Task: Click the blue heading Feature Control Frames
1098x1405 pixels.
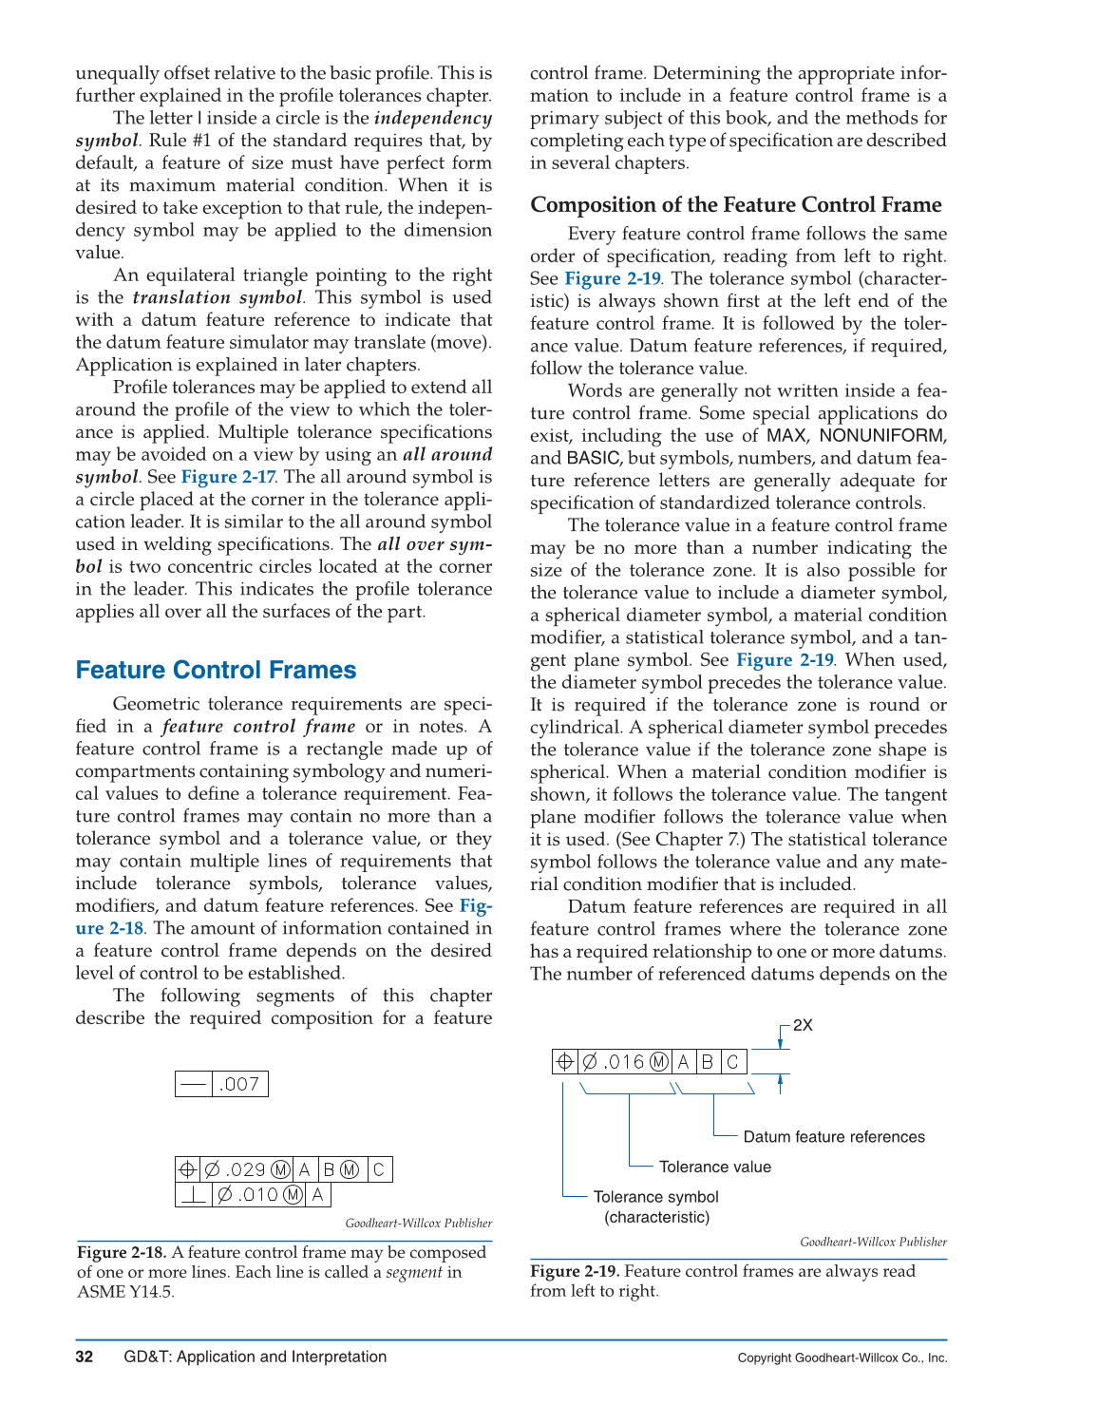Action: pyautogui.click(x=216, y=671)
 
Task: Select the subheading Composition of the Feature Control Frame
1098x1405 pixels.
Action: pyautogui.click(x=735, y=205)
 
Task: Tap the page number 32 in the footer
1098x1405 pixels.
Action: pyautogui.click(x=85, y=1357)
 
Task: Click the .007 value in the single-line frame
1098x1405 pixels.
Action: pyautogui.click(x=239, y=1084)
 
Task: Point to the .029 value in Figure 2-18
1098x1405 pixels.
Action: pyautogui.click(x=246, y=1169)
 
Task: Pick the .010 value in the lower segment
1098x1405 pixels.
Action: pyautogui.click(x=258, y=1195)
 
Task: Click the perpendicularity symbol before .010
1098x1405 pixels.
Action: pyautogui.click(x=194, y=1195)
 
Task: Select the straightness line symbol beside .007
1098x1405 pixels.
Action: pyautogui.click(x=194, y=1084)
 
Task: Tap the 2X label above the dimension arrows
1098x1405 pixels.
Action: pyautogui.click(x=803, y=1025)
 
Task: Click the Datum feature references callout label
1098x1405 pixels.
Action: pyautogui.click(x=833, y=1137)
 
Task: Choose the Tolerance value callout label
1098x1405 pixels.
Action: pyautogui.click(x=714, y=1168)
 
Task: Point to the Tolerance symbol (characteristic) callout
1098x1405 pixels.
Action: pyautogui.click(x=655, y=1206)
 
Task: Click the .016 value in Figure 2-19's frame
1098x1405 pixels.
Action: pyautogui.click(x=623, y=1062)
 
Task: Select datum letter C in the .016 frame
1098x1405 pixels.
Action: pyautogui.click(x=732, y=1062)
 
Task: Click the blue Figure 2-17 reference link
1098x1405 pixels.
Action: pyautogui.click(x=228, y=477)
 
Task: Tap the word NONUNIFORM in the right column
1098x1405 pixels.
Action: pyautogui.click(x=882, y=436)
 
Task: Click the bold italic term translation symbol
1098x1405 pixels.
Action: pyautogui.click(x=217, y=297)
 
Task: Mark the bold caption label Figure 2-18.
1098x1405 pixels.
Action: pyautogui.click(x=121, y=1252)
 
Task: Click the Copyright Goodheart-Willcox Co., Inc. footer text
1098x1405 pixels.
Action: pyautogui.click(x=842, y=1358)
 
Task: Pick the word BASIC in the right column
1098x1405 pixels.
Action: pyautogui.click(x=593, y=458)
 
